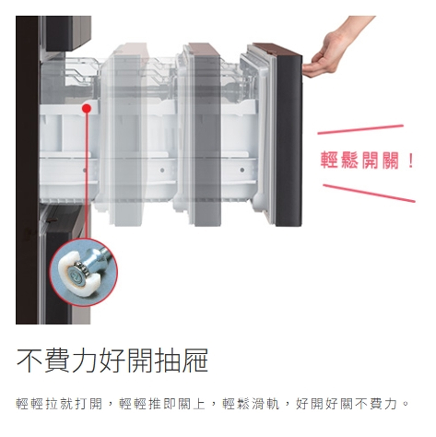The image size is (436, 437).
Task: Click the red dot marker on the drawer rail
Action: [x=87, y=109]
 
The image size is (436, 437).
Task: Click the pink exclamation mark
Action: [x=410, y=160]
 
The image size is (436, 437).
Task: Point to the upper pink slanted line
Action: [x=361, y=130]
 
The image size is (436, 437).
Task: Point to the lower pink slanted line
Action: [x=369, y=193]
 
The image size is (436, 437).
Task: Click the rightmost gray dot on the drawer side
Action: [x=242, y=170]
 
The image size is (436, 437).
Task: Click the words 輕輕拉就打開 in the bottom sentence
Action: [x=59, y=404]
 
